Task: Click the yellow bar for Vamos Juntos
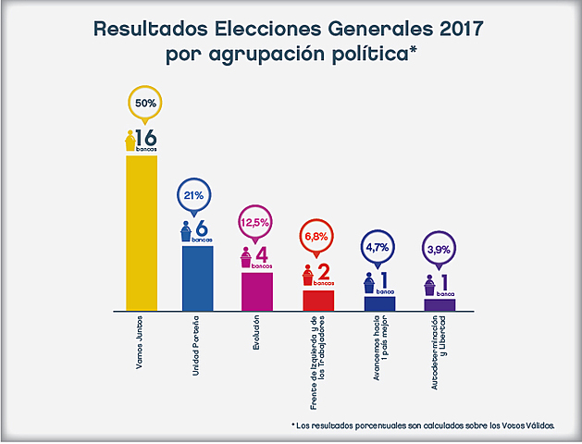pos(142,231)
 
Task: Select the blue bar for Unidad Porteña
pos(197,277)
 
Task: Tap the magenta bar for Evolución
pos(257,290)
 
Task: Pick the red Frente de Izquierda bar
pos(318,299)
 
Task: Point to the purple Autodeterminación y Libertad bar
pos(440,303)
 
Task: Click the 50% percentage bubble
pos(144,104)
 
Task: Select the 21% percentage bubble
pos(194,196)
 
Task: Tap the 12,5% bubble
pos(254,223)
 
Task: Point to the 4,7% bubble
pos(378,248)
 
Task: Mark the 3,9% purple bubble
pos(439,249)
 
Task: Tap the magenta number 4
pos(261,254)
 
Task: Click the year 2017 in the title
pos(456,28)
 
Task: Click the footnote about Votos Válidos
pos(423,425)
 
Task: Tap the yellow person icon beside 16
pos(130,140)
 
